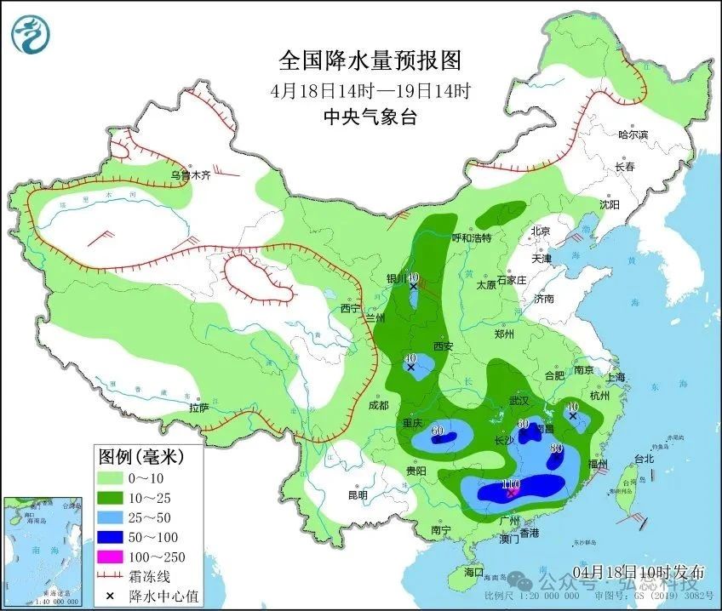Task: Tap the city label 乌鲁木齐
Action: point(190,176)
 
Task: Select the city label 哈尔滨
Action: point(633,134)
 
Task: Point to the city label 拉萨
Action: point(198,408)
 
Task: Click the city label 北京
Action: point(541,231)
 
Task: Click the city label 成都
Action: point(378,405)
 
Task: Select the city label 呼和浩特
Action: point(472,238)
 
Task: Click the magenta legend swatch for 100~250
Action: point(110,557)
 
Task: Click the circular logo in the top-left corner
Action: point(31,34)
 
